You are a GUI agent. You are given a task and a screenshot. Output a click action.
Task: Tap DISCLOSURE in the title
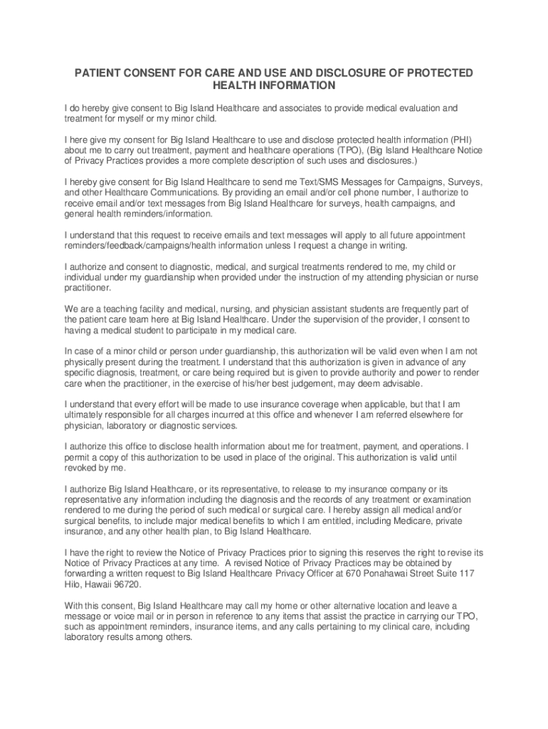tap(317, 73)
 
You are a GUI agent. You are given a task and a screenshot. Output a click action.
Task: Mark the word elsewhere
tap(427, 415)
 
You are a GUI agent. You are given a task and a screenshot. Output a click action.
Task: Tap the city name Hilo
tap(74, 584)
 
